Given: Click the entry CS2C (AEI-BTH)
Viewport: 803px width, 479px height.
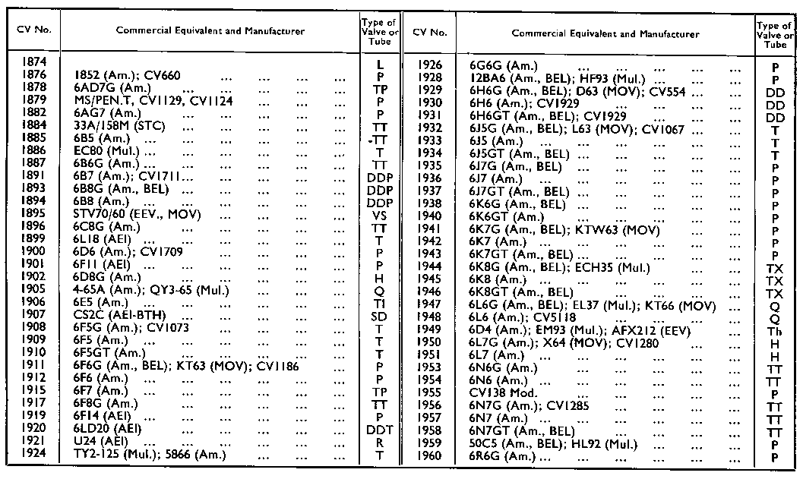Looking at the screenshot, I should (x=120, y=315).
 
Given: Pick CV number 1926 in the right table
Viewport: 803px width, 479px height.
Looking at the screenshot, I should (x=430, y=65).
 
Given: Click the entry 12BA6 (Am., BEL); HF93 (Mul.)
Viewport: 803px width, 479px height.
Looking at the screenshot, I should (x=558, y=78).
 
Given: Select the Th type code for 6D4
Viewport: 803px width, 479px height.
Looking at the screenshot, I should (x=775, y=332).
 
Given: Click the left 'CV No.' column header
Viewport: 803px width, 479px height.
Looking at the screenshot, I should (x=33, y=32).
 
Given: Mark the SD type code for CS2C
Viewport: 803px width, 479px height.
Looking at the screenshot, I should (x=380, y=315).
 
